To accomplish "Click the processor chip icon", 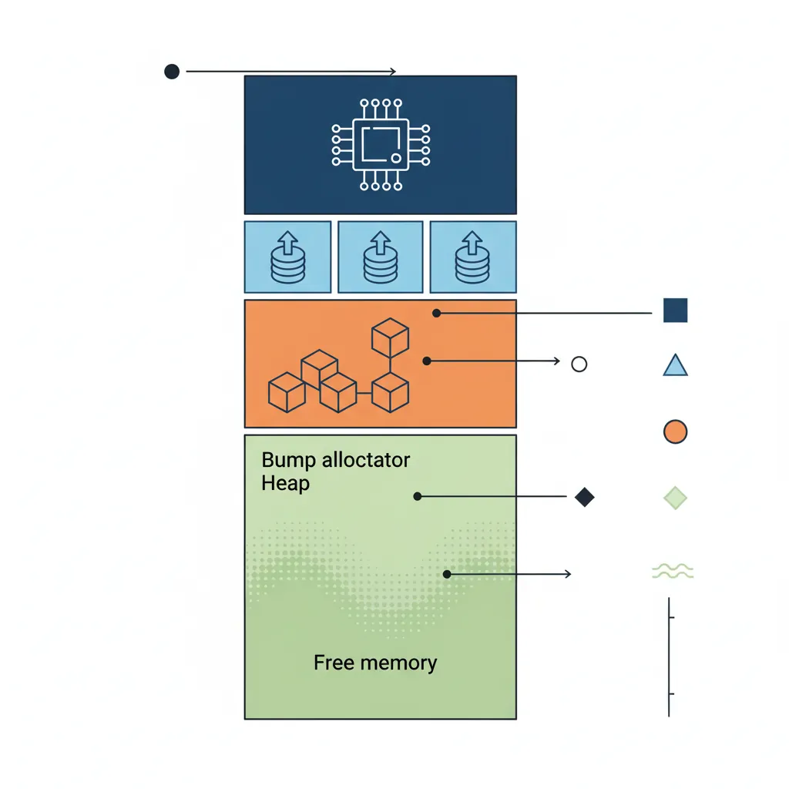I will click(380, 145).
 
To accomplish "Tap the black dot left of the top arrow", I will click(172, 72).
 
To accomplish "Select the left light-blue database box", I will click(287, 257).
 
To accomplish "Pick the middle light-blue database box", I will click(380, 257).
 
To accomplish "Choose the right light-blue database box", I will click(472, 257).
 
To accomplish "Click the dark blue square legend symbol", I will click(675, 311).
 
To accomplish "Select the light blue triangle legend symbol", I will click(675, 365).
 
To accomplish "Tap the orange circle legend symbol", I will click(675, 431).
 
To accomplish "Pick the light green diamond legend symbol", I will click(675, 499).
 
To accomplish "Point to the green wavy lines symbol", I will click(673, 571).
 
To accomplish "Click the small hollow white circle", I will click(579, 364).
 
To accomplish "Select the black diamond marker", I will click(585, 498).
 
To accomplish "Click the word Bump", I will click(288, 461).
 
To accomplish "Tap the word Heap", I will click(285, 484).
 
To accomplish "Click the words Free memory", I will click(375, 663).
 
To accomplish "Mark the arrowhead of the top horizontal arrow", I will click(393, 72).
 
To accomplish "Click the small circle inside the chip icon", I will click(395, 158).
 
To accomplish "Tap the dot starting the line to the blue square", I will click(436, 313).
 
